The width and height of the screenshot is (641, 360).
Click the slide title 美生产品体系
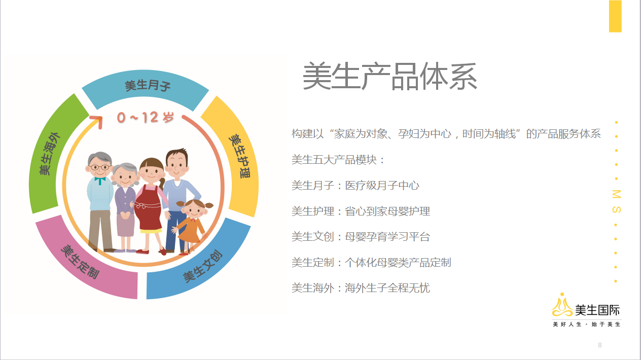(390, 77)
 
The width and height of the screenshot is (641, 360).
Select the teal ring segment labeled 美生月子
(146, 86)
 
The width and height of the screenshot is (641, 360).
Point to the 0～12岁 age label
(146, 117)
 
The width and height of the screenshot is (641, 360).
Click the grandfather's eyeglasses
(99, 167)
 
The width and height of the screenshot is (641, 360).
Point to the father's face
(176, 165)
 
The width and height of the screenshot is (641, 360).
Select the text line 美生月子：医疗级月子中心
(355, 186)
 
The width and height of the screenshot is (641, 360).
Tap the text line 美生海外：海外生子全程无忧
(361, 288)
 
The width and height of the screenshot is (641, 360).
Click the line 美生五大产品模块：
(338, 160)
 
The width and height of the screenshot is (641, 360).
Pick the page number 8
(600, 345)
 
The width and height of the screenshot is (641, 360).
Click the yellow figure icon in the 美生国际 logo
(562, 305)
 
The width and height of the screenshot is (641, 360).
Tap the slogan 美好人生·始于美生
(586, 324)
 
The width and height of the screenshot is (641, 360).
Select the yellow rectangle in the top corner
(615, 16)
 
